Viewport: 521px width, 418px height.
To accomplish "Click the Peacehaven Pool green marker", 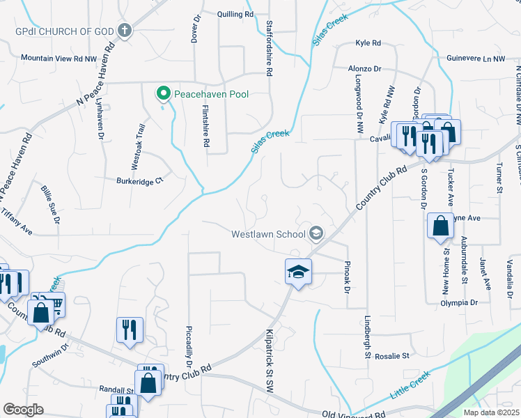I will coord(163,93).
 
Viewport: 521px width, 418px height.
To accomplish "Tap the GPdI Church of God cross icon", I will coord(125,30).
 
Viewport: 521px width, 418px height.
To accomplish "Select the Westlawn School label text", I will coord(270,233).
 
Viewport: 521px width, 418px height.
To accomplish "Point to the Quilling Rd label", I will coord(234,14).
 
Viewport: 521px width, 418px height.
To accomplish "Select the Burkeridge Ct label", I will coord(139,181).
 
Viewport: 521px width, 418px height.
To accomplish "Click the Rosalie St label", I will coord(391,356).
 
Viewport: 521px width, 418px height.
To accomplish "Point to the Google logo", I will coord(23,409).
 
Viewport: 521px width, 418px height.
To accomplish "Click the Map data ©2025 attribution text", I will coord(492,412).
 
